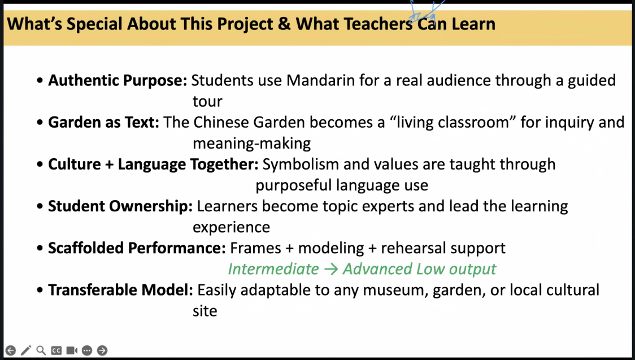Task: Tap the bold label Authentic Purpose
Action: (118, 81)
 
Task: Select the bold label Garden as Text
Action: (104, 122)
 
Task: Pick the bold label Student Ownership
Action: (120, 206)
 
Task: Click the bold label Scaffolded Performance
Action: (137, 248)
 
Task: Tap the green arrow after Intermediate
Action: (331, 269)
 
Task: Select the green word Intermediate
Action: (273, 269)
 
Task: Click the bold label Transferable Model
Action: (120, 290)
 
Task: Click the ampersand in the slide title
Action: (284, 24)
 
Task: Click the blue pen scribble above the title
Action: (425, 12)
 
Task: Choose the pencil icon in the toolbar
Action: (26, 350)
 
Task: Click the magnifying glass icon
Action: (41, 350)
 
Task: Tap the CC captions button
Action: (56, 350)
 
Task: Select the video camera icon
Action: (72, 350)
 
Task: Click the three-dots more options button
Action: (86, 350)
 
